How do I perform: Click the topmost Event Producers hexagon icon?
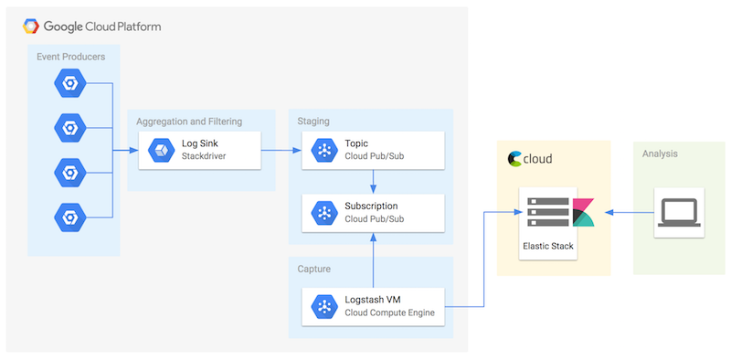click(x=69, y=84)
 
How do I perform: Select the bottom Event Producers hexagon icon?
click(x=69, y=217)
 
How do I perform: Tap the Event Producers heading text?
click(x=70, y=57)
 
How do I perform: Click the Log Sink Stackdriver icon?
click(x=162, y=150)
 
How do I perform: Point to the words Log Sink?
click(x=200, y=143)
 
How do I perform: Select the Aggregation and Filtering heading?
click(x=189, y=122)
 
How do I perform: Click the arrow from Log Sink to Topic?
click(x=281, y=150)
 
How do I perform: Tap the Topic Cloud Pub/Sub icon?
click(x=323, y=150)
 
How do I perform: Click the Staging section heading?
click(x=313, y=121)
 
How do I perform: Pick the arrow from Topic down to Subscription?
click(x=374, y=180)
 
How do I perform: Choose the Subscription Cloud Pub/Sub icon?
click(x=323, y=212)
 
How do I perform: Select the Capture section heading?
click(x=315, y=269)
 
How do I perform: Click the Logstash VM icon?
click(x=323, y=306)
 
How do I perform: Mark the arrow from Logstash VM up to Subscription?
click(x=374, y=259)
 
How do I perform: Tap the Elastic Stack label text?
click(x=548, y=246)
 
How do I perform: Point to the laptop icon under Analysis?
click(x=679, y=212)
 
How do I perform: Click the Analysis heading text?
click(x=660, y=154)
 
